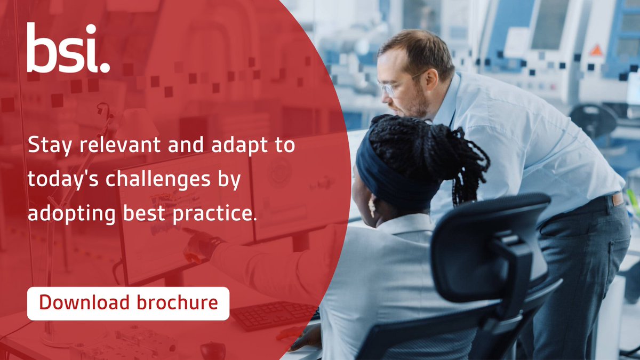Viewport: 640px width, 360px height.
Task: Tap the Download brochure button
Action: point(128,303)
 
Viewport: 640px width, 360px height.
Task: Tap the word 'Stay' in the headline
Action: point(47,146)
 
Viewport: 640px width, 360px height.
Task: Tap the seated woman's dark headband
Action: point(389,176)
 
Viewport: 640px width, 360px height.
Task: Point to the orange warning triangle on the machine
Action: point(596,50)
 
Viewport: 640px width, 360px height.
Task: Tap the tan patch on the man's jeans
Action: point(618,199)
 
